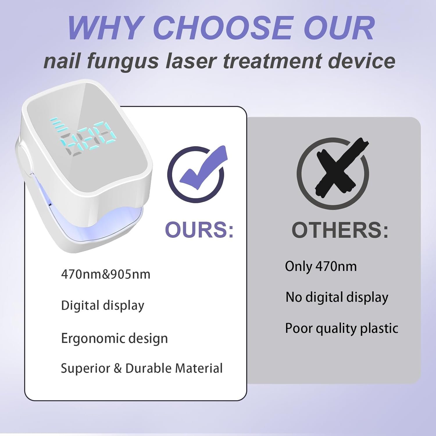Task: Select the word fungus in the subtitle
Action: point(122,61)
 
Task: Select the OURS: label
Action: point(199,230)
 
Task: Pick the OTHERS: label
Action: point(340,230)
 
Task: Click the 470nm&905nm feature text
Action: point(106,274)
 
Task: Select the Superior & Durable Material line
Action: point(142,368)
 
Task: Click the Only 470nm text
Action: point(321,267)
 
